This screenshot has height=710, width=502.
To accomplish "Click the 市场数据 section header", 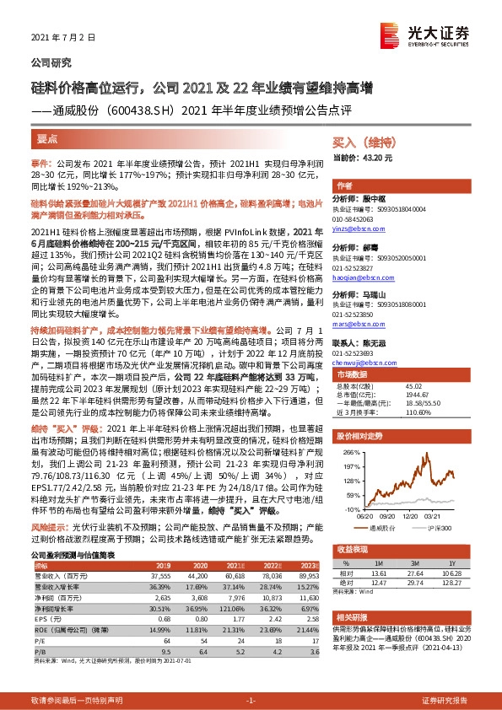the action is pyautogui.click(x=353, y=373).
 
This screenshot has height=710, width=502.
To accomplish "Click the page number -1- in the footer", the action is pyautogui.click(x=251, y=701).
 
